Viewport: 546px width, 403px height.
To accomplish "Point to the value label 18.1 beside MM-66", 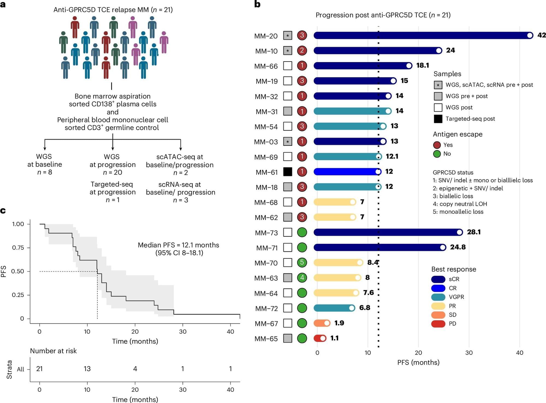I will click(x=422, y=65).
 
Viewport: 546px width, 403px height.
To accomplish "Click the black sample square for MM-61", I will click(x=287, y=172).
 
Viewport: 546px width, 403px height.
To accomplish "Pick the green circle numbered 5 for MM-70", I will click(x=302, y=262).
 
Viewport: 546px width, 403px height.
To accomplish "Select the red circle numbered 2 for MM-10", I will click(x=302, y=50).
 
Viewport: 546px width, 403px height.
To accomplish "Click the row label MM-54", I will click(x=266, y=127).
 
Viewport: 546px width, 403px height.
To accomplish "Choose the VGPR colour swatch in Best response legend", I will click(x=438, y=297).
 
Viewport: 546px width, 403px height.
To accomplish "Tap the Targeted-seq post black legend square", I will click(x=438, y=119).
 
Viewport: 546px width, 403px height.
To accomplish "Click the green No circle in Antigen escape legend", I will click(x=437, y=154).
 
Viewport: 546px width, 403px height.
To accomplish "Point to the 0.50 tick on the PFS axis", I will click(x=18, y=271).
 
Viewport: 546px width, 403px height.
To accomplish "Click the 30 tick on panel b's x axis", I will click(x=469, y=353).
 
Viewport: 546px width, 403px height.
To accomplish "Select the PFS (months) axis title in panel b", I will click(x=418, y=362).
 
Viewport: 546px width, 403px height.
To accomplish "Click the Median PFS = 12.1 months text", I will click(x=178, y=245).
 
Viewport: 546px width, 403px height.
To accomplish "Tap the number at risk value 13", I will click(x=87, y=369).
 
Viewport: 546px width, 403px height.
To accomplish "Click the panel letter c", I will click(x=3, y=211).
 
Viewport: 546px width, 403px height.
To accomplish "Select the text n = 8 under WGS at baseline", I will click(x=44, y=172).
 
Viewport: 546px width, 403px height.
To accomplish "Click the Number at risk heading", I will click(x=53, y=351).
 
